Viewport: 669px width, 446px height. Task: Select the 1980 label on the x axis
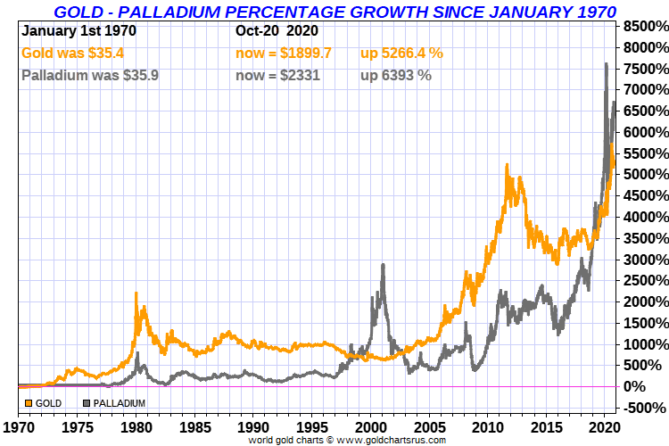point(136,427)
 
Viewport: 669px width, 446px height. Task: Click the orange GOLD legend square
point(29,403)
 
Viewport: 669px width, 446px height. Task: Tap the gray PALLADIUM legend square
point(87,403)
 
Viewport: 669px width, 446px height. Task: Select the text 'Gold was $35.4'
point(72,54)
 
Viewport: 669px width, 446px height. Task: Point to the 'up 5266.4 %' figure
point(401,54)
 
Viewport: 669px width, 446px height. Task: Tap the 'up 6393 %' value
point(395,76)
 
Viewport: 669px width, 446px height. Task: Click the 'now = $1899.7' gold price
point(283,54)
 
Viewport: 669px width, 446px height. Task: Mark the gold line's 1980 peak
point(136,293)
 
